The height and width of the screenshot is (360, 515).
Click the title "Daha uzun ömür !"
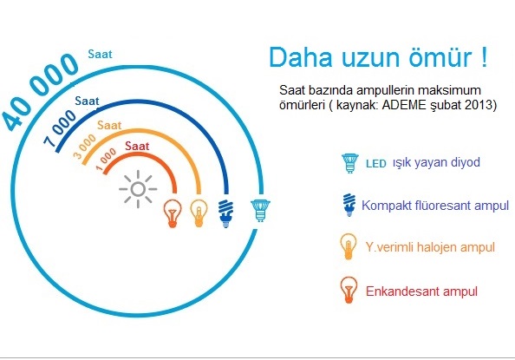point(378,57)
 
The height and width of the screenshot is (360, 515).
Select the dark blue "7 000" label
point(60,128)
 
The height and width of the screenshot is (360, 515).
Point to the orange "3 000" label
point(84,147)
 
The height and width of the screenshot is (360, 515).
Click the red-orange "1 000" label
point(106,160)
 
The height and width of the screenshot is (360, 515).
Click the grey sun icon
point(138,189)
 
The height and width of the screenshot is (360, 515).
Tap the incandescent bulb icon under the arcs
point(173,213)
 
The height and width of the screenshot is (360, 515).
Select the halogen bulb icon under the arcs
point(199,213)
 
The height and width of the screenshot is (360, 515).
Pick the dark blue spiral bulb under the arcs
point(226,213)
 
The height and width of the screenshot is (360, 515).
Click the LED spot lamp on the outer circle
point(260,211)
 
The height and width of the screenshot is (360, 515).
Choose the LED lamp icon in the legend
point(350,163)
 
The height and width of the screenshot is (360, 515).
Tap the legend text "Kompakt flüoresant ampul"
point(435,206)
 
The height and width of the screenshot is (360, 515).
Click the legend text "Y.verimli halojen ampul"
point(430,247)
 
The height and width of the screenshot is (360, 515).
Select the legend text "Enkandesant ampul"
point(421,291)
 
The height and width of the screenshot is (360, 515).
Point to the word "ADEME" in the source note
point(405,105)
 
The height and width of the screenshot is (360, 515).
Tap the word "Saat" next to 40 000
point(100,54)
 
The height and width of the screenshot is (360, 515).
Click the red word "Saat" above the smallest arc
point(137,146)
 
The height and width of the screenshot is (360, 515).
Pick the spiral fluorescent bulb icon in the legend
point(349,205)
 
